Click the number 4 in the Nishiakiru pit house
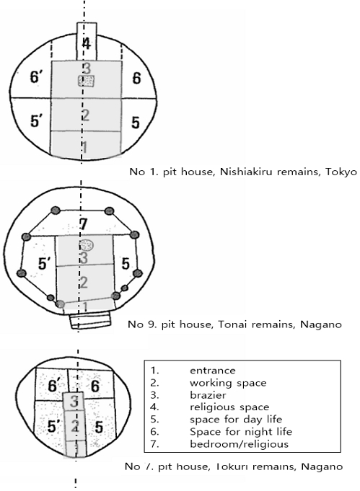(87, 43)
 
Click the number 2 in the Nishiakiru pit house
(85, 115)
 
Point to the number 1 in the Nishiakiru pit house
(85, 147)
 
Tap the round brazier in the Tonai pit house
(86, 245)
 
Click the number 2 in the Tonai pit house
(84, 282)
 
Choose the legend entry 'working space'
(228, 383)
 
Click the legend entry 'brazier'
(206, 395)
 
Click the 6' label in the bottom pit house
(53, 388)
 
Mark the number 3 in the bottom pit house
(74, 401)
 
